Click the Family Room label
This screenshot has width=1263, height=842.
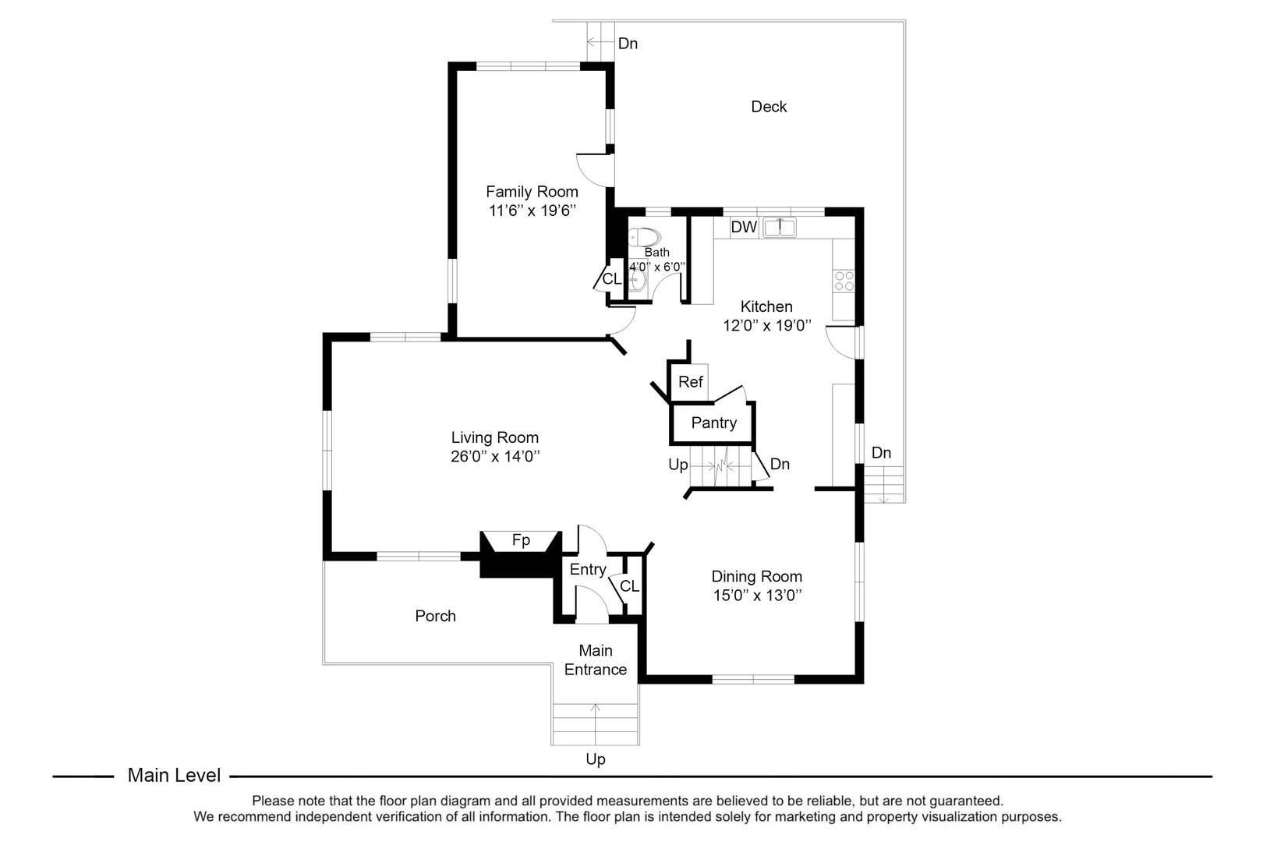pos(532,192)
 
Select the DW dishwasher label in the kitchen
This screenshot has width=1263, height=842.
pos(744,228)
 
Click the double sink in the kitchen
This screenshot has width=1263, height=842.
pos(780,228)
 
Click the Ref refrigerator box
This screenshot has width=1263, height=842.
pos(690,382)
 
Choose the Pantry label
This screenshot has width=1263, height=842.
pos(713,423)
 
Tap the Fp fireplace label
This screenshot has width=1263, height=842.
pos(521,540)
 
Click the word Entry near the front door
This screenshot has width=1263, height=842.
pos(587,570)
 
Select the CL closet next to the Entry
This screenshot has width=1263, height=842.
pos(630,586)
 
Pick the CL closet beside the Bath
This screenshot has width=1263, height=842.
pos(611,279)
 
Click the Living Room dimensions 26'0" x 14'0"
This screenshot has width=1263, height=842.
pos(495,457)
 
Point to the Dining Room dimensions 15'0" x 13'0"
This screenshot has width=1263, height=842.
pos(756,596)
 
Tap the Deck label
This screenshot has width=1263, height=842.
pos(769,107)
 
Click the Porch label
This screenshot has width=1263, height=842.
pos(435,617)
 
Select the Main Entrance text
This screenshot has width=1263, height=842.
pos(596,660)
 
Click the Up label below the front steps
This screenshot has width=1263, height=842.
pos(596,759)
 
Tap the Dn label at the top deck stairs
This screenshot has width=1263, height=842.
pos(628,44)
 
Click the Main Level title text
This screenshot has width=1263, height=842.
pos(174,776)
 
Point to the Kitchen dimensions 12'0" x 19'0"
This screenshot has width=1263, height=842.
pos(767,326)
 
